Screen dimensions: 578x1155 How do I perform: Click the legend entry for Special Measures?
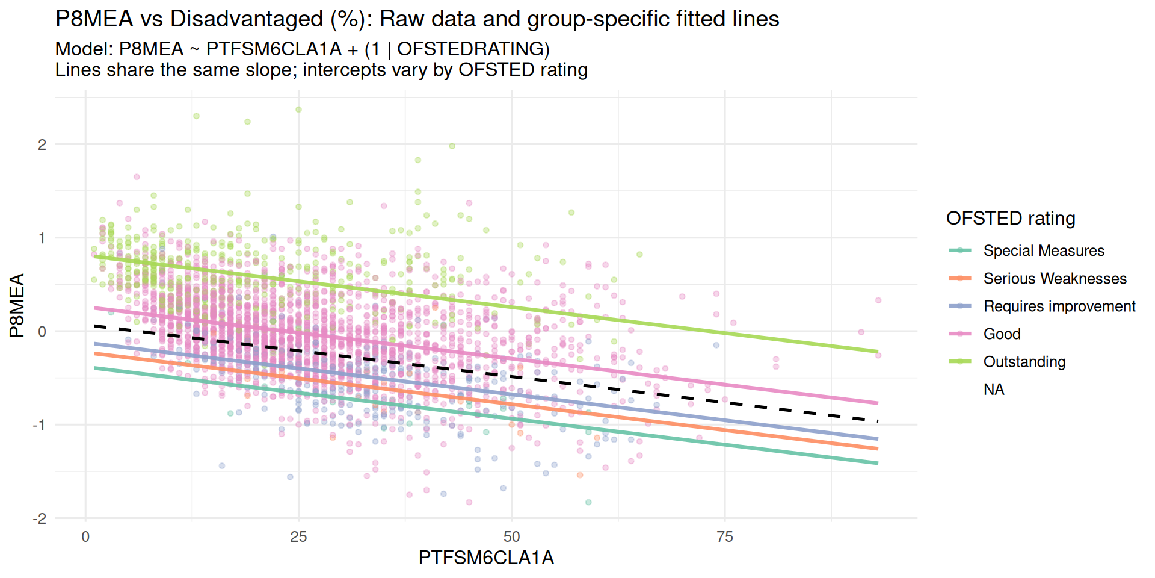click(x=1043, y=250)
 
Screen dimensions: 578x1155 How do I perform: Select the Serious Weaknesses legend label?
click(x=1055, y=278)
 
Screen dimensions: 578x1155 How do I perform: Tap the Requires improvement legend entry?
click(x=1059, y=306)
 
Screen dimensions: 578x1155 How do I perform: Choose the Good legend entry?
click(x=1002, y=334)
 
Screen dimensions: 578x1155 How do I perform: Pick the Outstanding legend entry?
click(x=1024, y=361)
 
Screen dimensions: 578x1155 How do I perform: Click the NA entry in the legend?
click(x=994, y=389)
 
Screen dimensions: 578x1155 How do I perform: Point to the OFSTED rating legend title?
click(x=1011, y=218)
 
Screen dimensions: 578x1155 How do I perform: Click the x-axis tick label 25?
click(x=298, y=536)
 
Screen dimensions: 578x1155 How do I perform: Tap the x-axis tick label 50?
click(x=511, y=536)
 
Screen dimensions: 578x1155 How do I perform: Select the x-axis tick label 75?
click(x=724, y=536)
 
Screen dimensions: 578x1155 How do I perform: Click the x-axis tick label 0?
click(x=85, y=536)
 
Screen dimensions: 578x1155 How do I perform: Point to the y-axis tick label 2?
click(x=42, y=144)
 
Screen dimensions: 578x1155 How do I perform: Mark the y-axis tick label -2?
click(x=39, y=518)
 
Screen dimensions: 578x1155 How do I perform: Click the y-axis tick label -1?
click(x=39, y=425)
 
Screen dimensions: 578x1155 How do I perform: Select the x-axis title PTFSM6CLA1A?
click(x=486, y=558)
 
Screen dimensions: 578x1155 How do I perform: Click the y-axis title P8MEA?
click(x=17, y=305)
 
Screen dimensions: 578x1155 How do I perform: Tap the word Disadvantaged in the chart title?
click(x=247, y=19)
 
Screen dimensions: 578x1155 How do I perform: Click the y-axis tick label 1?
click(x=42, y=238)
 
